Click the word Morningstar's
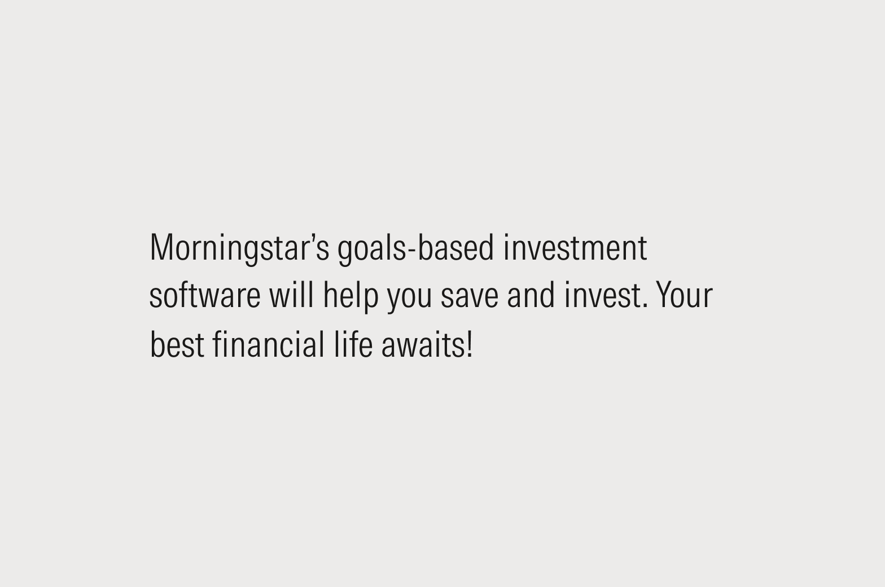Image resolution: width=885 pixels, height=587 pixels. pos(239,248)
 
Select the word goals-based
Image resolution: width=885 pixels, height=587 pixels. pos(415,248)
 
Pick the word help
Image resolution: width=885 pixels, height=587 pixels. pos(351,296)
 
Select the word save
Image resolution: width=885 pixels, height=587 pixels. pos(469,296)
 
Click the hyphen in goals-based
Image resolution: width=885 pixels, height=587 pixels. pos(411,250)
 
